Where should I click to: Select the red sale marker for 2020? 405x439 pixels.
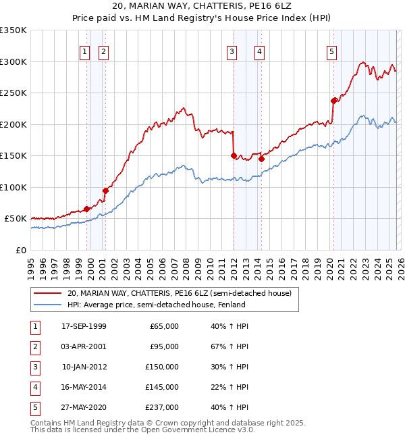[x=333, y=101]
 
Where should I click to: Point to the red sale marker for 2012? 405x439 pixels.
[x=234, y=155]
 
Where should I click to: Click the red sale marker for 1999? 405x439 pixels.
[x=86, y=209]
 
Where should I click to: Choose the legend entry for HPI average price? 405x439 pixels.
[x=156, y=305]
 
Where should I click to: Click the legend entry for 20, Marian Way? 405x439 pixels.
[x=179, y=293]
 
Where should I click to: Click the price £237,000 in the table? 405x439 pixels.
[x=164, y=407]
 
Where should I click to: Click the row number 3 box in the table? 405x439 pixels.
[x=33, y=367]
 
